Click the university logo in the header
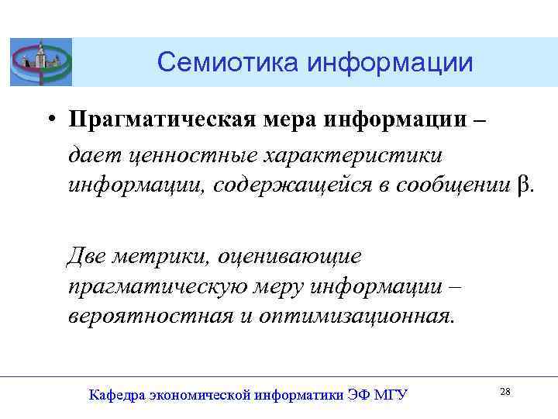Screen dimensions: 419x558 [40, 61]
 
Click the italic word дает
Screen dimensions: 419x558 [90, 154]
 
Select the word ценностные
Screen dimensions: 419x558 [184, 154]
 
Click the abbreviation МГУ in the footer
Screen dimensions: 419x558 [390, 395]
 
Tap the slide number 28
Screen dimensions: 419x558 [505, 392]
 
